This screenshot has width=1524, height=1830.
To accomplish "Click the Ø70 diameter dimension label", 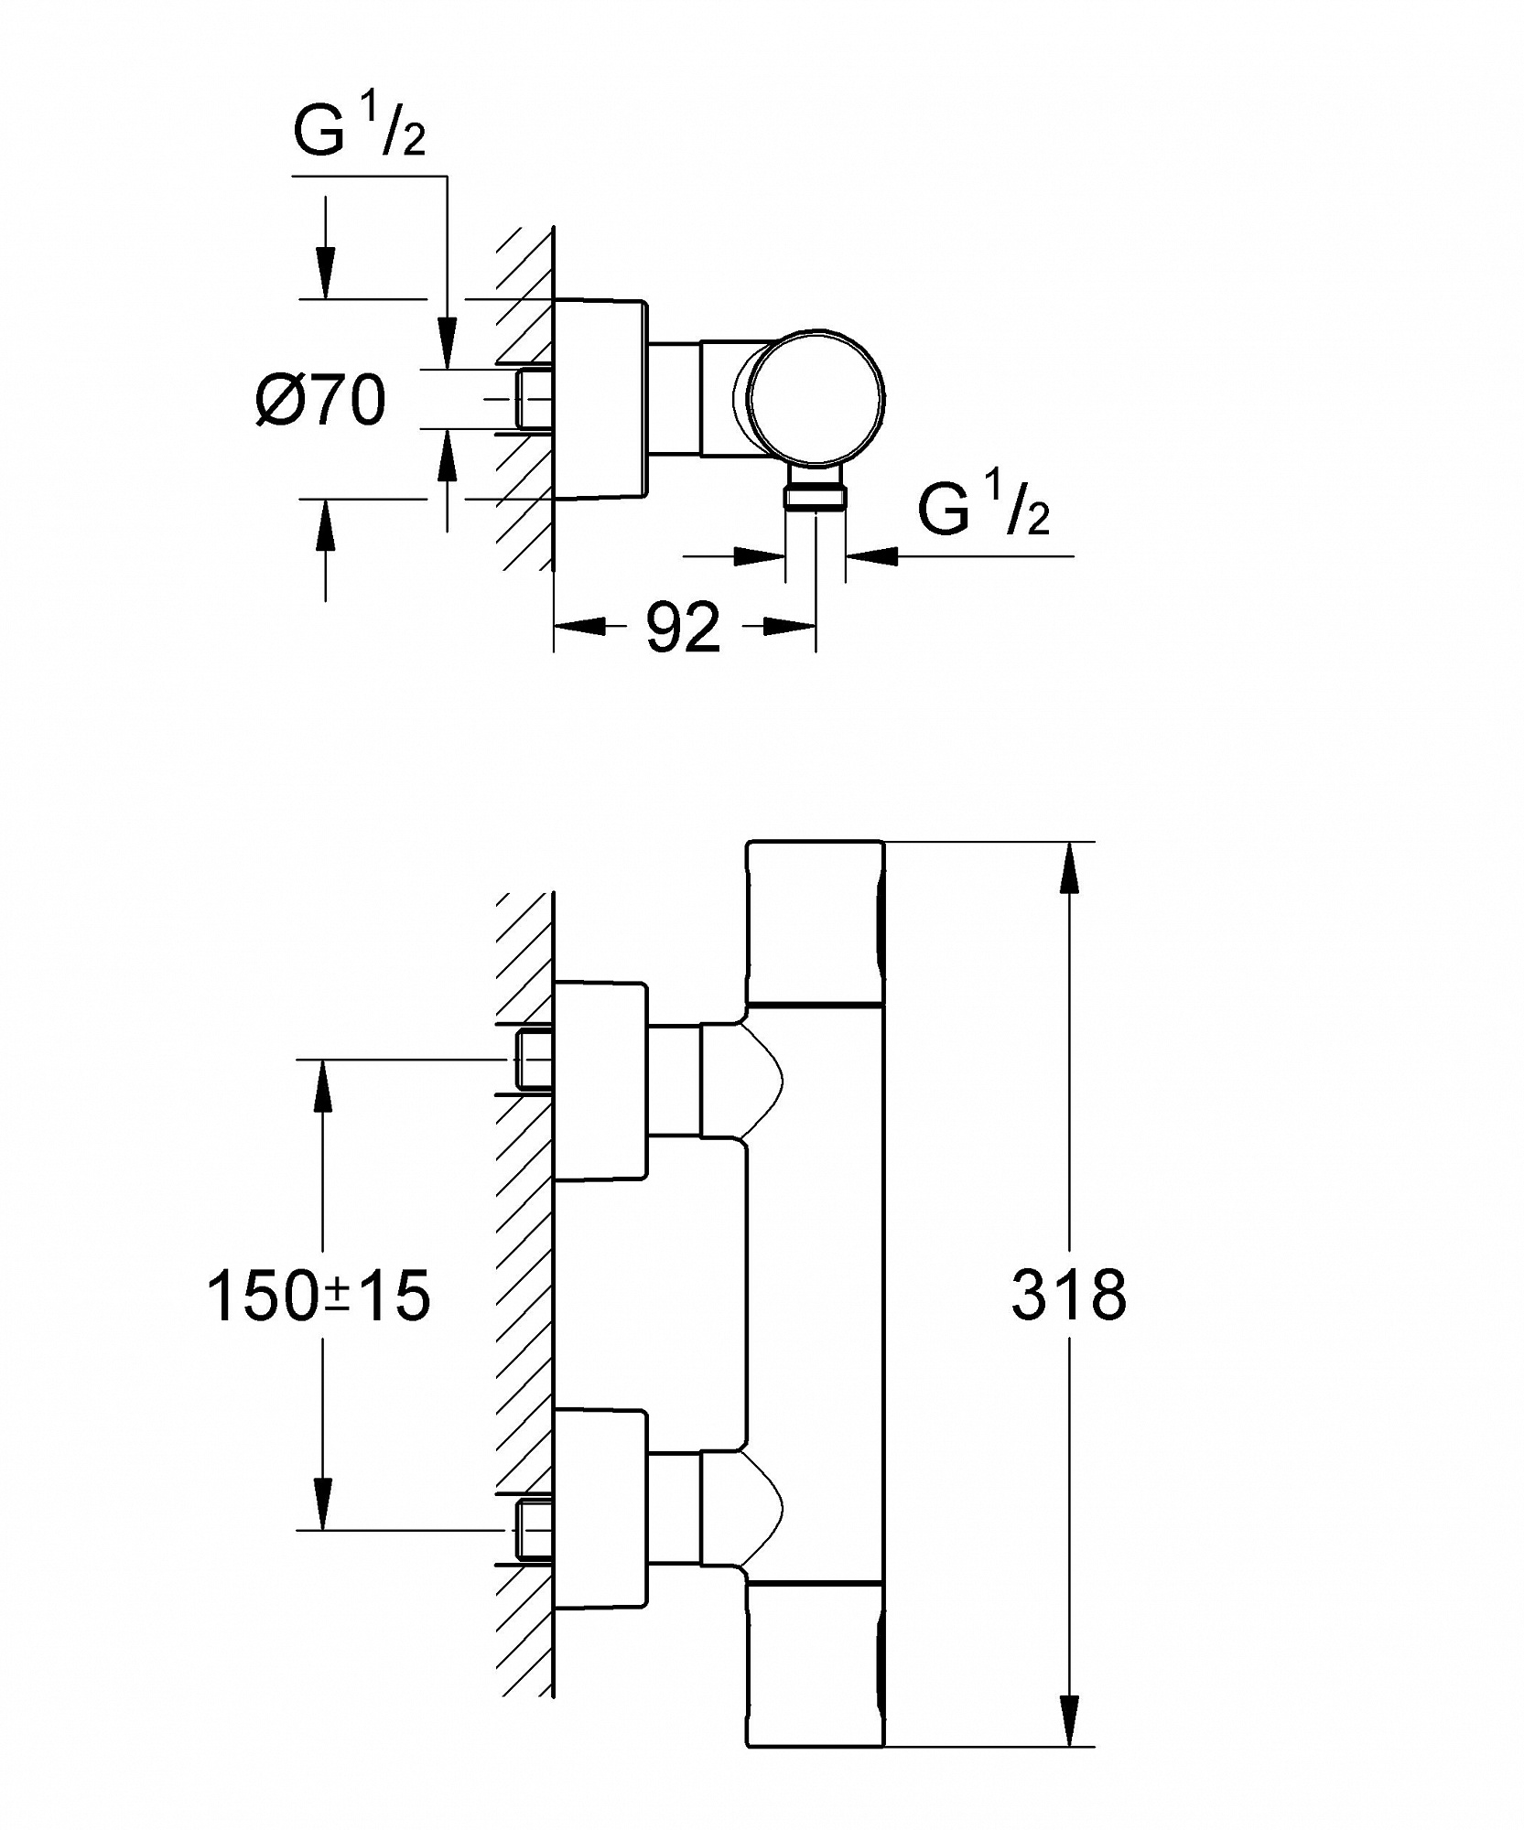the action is point(321,400).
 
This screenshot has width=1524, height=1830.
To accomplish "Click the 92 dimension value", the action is point(684,629).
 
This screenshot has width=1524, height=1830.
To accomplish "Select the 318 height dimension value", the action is point(1068,1294).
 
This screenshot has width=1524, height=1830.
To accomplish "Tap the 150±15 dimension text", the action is point(319,1296).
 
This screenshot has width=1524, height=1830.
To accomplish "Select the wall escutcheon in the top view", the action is point(600,399).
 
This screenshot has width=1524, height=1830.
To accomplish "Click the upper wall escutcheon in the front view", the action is point(600,1080).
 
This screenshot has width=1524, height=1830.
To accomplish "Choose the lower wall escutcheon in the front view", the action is point(600,1510).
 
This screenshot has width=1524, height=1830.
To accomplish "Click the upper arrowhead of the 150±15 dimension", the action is point(322,1085).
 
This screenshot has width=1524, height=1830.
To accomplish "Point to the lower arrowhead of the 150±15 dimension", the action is point(322,1502).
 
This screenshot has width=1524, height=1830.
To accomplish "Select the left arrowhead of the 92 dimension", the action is point(580,627).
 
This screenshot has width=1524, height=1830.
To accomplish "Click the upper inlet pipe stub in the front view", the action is point(535,1060).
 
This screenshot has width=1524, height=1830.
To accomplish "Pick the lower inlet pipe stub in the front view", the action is point(535,1530).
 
